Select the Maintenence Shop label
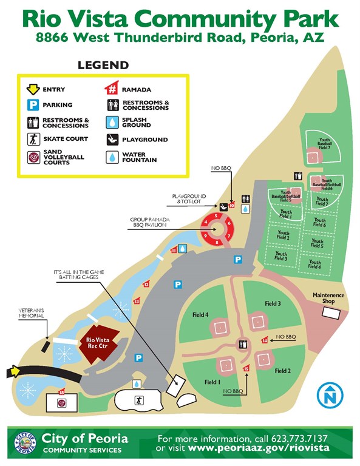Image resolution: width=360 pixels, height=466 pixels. (x=328, y=298)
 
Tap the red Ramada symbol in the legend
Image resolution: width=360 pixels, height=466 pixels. (x=112, y=89)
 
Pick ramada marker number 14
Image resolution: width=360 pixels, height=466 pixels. (x=265, y=340)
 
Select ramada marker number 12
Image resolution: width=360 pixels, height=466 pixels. (x=146, y=284)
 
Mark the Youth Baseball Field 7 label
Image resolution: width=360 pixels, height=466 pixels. (x=324, y=143)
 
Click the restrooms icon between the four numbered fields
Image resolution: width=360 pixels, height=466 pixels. (x=243, y=345)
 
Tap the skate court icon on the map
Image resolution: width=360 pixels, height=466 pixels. (x=139, y=401)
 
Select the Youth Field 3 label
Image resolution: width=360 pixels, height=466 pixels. (x=281, y=257)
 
